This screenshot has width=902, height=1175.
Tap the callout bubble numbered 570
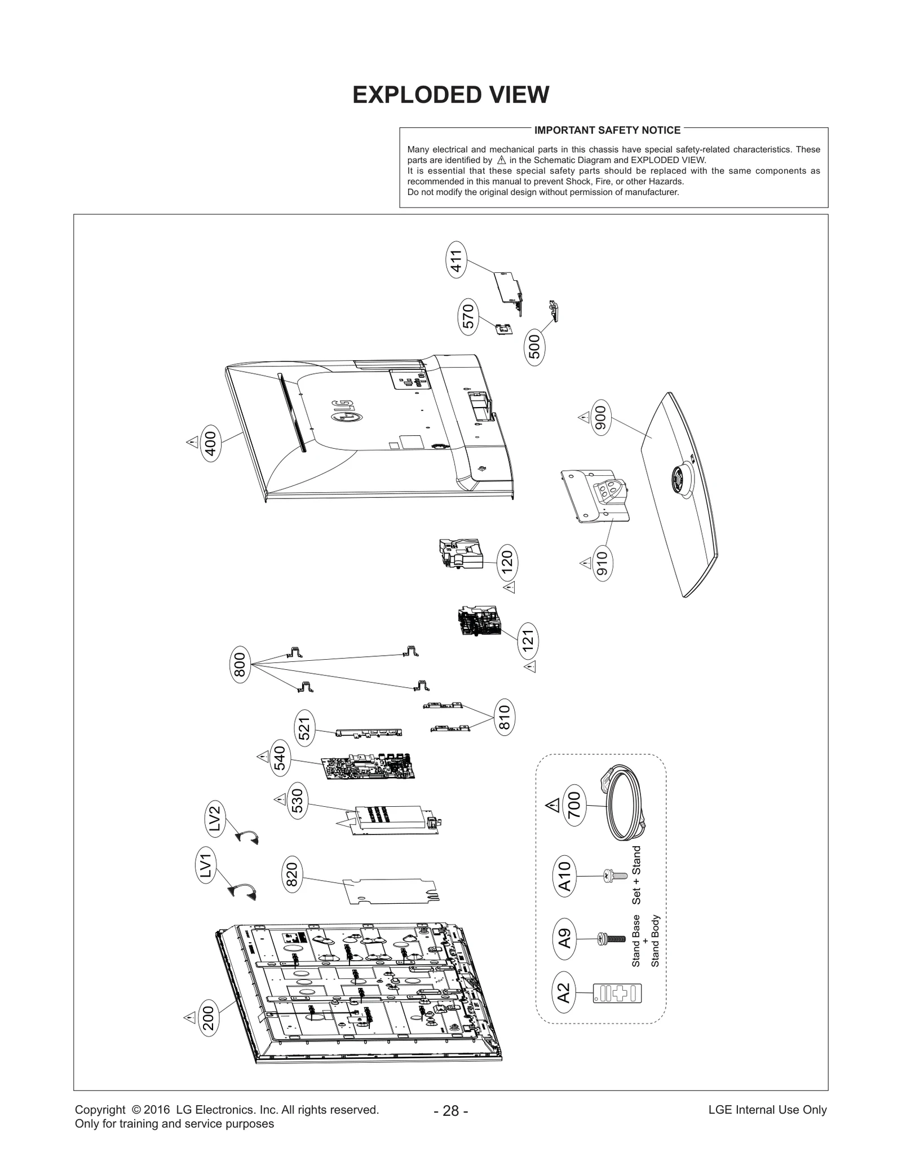click(468, 317)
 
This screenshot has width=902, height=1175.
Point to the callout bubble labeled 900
click(601, 418)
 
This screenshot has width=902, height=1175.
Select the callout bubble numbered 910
click(602, 563)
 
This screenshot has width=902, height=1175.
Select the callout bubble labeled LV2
click(215, 818)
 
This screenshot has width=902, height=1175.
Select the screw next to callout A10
click(614, 876)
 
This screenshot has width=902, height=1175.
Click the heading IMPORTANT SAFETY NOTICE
click(607, 130)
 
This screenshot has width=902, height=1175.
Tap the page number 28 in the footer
click(450, 1111)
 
